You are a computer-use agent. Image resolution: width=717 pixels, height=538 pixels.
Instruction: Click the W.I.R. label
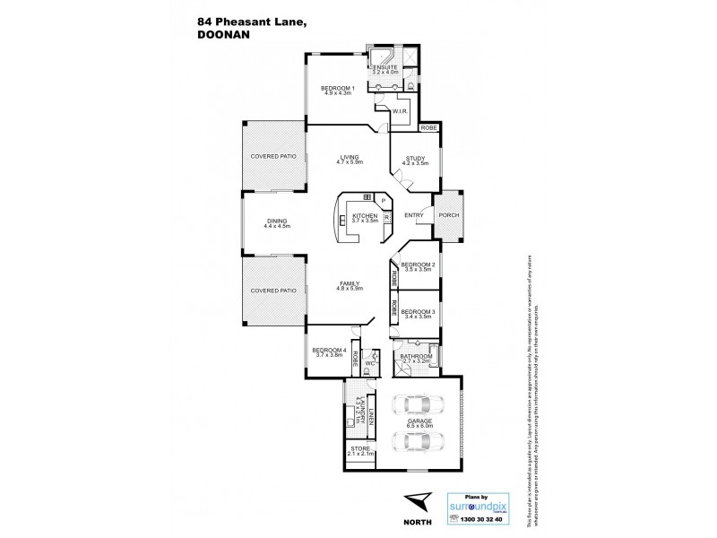coord(401,110)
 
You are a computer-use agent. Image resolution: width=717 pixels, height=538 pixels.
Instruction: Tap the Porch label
coord(448,215)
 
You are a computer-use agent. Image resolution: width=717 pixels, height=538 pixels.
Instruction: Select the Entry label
coord(414,215)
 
